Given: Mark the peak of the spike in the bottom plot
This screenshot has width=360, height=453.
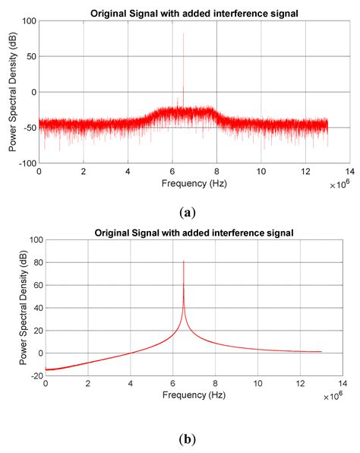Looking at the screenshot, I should [184, 261].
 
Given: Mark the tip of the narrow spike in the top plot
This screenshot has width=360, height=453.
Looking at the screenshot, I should [183, 33].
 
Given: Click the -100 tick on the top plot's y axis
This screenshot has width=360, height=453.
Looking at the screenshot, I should [28, 163].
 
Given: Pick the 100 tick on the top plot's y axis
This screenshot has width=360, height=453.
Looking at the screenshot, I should [30, 21].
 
